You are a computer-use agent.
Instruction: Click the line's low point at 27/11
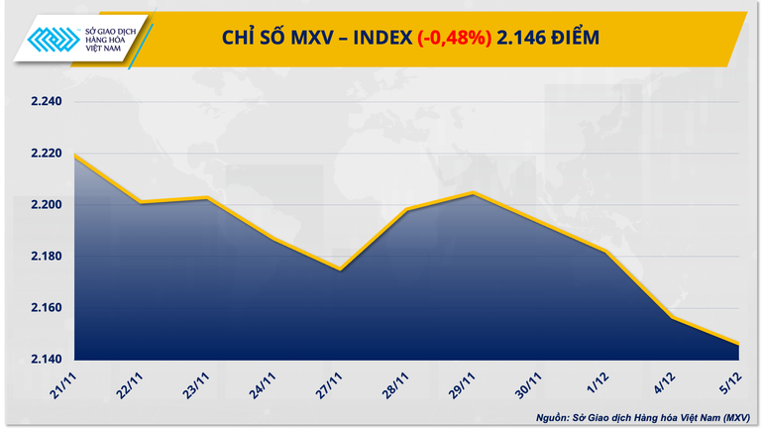coord(339,269)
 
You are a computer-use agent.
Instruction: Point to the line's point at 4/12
coord(673,317)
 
